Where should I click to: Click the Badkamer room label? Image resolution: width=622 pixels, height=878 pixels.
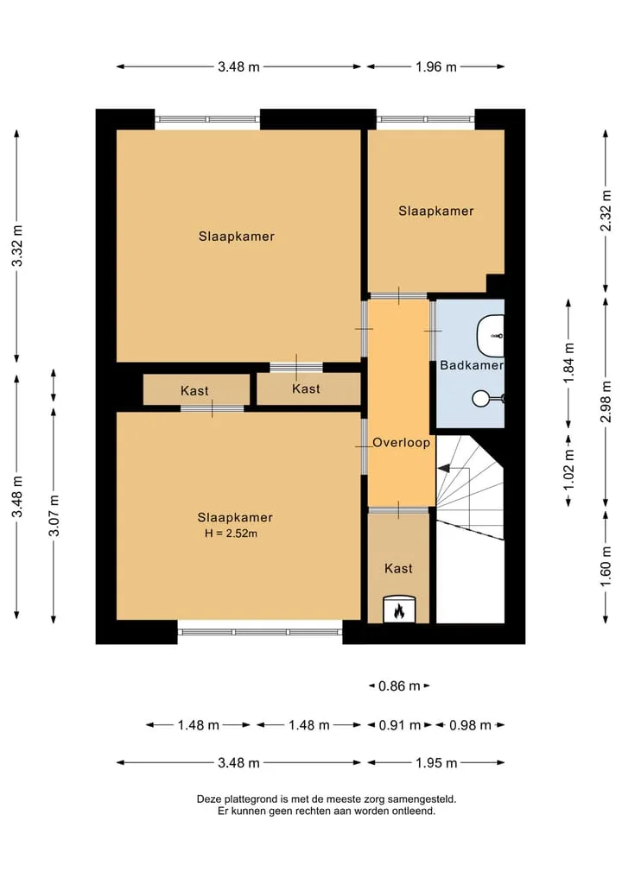coord(472,366)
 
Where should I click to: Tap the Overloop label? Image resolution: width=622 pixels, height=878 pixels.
coord(401,443)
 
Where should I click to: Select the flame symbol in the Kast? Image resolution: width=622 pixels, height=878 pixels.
coord(399,610)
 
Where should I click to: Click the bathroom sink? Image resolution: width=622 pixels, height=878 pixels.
coord(491,336)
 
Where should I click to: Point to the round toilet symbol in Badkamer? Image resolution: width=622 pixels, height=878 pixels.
coord(481,398)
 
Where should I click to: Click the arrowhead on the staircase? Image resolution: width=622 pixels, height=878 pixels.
coord(443,468)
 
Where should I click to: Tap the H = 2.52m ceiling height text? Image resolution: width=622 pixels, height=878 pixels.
coord(231,534)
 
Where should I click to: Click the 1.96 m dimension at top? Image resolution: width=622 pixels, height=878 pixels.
coord(436,67)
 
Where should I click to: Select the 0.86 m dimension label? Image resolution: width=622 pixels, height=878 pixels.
coord(399,686)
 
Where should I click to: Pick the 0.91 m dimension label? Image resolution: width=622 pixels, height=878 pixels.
coord(399,726)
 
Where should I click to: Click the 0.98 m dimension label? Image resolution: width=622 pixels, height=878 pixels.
coord(470,726)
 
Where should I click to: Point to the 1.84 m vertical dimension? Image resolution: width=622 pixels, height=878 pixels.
coord(568,363)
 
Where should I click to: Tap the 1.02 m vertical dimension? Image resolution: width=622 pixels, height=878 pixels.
coord(568,470)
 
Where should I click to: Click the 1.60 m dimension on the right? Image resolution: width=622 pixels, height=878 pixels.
coord(606,566)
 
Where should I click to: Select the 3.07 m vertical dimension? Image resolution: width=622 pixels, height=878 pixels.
coord(54,515)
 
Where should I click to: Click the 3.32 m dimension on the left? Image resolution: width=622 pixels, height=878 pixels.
coord(17,246)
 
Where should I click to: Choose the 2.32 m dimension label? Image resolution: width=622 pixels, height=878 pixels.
coord(606,211)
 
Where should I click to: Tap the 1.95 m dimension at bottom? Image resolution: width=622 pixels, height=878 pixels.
coord(436,763)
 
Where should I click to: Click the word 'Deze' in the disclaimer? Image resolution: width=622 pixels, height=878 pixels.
coord(207,799)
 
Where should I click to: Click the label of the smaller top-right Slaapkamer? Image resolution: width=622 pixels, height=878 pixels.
coord(436,212)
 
